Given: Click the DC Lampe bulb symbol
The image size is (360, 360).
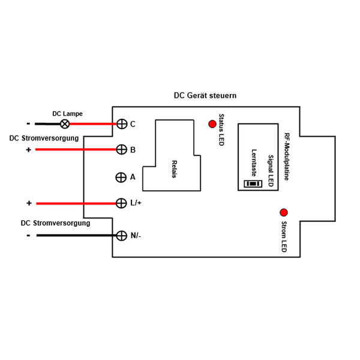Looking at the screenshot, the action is click(x=65, y=124).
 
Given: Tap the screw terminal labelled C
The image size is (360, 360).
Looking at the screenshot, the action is click(x=122, y=124).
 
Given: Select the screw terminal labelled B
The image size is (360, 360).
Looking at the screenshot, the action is click(x=121, y=149).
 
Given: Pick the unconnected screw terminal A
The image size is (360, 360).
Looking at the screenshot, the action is click(x=121, y=178).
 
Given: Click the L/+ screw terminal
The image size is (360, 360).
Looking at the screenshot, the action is click(x=121, y=203).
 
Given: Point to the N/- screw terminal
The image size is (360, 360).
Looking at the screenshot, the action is click(x=121, y=236).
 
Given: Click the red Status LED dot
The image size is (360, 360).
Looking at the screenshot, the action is click(x=212, y=124).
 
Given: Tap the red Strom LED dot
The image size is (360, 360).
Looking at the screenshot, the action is click(x=284, y=212).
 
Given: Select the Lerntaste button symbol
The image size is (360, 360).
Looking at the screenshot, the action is click(x=253, y=184).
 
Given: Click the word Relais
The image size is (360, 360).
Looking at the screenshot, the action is click(x=175, y=169).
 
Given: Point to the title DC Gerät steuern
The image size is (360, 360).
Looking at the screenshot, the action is click(x=205, y=95).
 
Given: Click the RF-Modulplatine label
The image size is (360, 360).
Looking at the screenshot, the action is click(x=287, y=157).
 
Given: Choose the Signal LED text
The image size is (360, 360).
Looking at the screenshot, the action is click(x=271, y=171).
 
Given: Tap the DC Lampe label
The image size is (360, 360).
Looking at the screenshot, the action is click(x=67, y=113).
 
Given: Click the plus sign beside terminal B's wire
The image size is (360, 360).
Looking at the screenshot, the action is click(x=28, y=149).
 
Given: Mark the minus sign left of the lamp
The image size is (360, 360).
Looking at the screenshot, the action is click(x=28, y=124).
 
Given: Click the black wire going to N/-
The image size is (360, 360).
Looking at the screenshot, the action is click(x=76, y=235).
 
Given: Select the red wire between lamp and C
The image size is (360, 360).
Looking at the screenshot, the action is click(x=92, y=124).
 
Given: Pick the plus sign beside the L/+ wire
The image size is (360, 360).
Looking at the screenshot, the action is click(x=29, y=203).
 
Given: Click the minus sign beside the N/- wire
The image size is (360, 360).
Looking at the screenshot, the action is click(x=28, y=236).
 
